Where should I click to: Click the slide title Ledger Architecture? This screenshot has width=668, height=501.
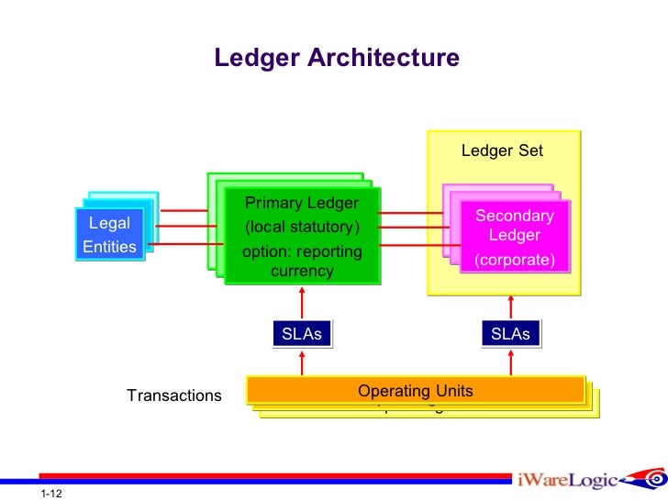[x=336, y=59]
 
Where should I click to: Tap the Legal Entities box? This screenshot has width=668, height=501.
[x=109, y=235]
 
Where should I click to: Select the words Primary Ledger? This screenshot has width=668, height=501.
[x=301, y=203]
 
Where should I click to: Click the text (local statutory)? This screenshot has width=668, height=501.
[x=301, y=227]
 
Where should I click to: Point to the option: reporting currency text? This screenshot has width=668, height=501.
[x=301, y=261]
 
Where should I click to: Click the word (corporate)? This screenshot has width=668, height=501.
[x=514, y=261]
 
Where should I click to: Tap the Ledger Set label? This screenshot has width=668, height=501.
[x=501, y=150]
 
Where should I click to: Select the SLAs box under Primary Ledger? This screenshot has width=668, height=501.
[x=301, y=334]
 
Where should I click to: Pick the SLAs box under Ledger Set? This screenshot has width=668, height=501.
[x=510, y=334]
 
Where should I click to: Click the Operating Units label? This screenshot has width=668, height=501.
[x=415, y=392]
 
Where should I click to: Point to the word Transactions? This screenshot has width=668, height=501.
[x=174, y=395]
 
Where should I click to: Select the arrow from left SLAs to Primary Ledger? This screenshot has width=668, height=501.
[x=302, y=303]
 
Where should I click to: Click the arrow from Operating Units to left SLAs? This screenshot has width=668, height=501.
[x=302, y=362]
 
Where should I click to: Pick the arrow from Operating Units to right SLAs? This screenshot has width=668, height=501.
[x=511, y=362]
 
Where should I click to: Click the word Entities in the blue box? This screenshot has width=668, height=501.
[x=109, y=247]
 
